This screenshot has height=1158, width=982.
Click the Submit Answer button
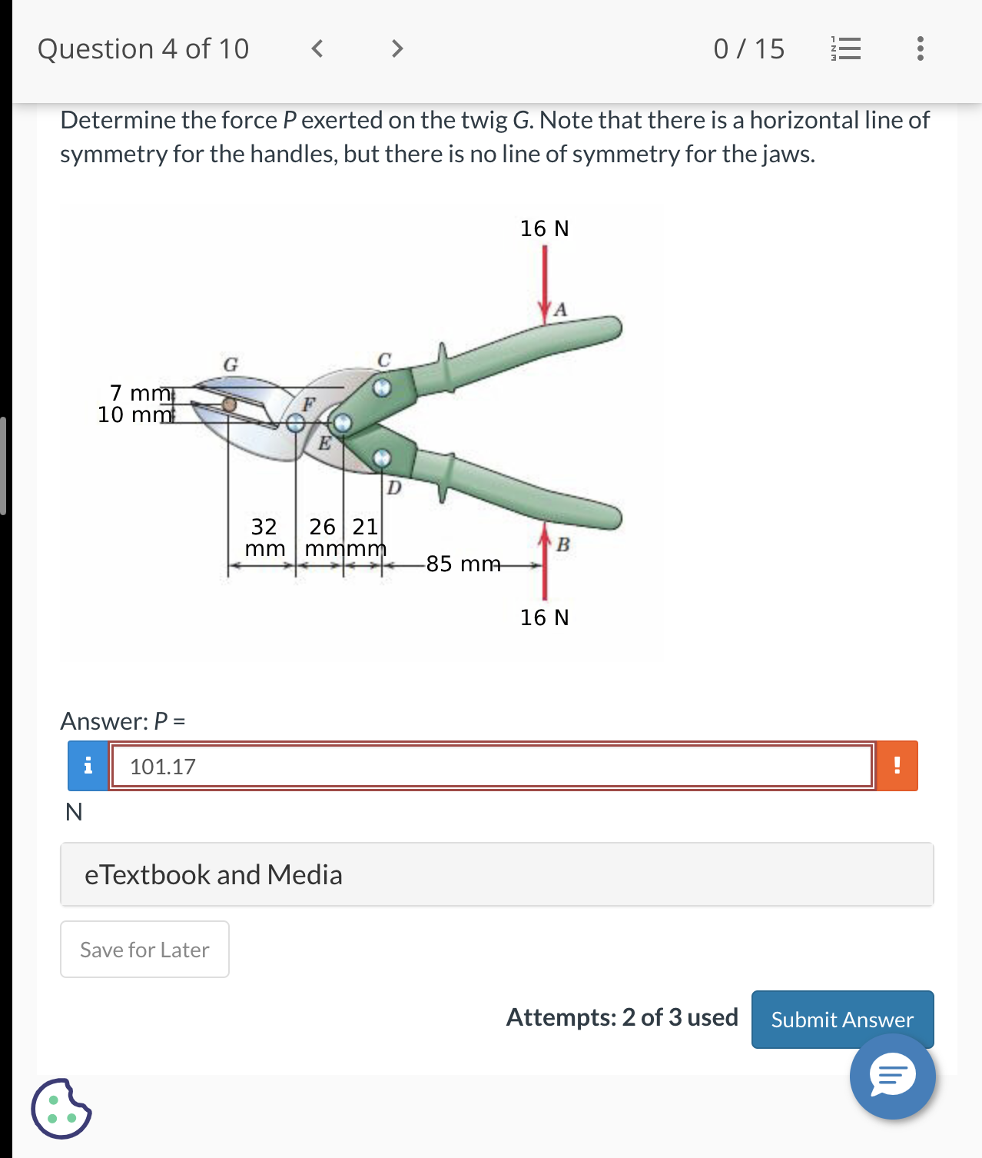click(x=842, y=1019)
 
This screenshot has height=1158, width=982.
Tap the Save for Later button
click(x=144, y=950)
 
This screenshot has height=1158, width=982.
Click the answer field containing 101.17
click(x=492, y=766)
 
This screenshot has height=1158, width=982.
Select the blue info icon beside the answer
click(x=88, y=766)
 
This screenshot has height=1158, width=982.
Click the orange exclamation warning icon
click(x=897, y=766)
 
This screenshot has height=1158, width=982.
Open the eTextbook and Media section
click(x=496, y=875)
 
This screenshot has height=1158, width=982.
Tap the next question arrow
click(x=396, y=49)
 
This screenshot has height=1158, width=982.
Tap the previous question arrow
click(x=317, y=49)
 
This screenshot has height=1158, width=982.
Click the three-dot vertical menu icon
click(x=920, y=49)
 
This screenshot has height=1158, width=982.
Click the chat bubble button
click(x=892, y=1076)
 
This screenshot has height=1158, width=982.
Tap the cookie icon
click(x=61, y=1109)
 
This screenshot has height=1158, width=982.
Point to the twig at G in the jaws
click(x=228, y=404)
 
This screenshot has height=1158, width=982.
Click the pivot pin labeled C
click(x=382, y=388)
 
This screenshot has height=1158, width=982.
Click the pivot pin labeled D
click(x=382, y=459)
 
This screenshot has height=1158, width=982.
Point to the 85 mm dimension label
click(x=463, y=564)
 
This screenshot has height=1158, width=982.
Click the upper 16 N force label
click(x=544, y=228)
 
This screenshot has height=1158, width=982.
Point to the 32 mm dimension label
click(x=264, y=537)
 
